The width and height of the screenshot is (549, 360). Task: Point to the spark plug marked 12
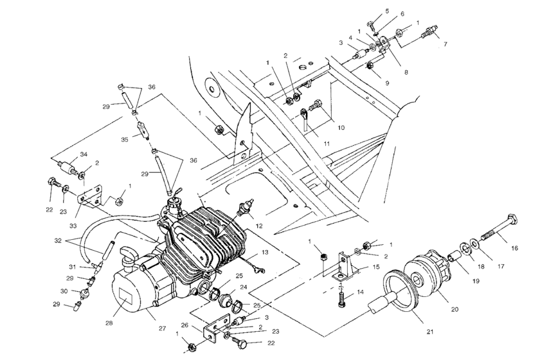[244, 210]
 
